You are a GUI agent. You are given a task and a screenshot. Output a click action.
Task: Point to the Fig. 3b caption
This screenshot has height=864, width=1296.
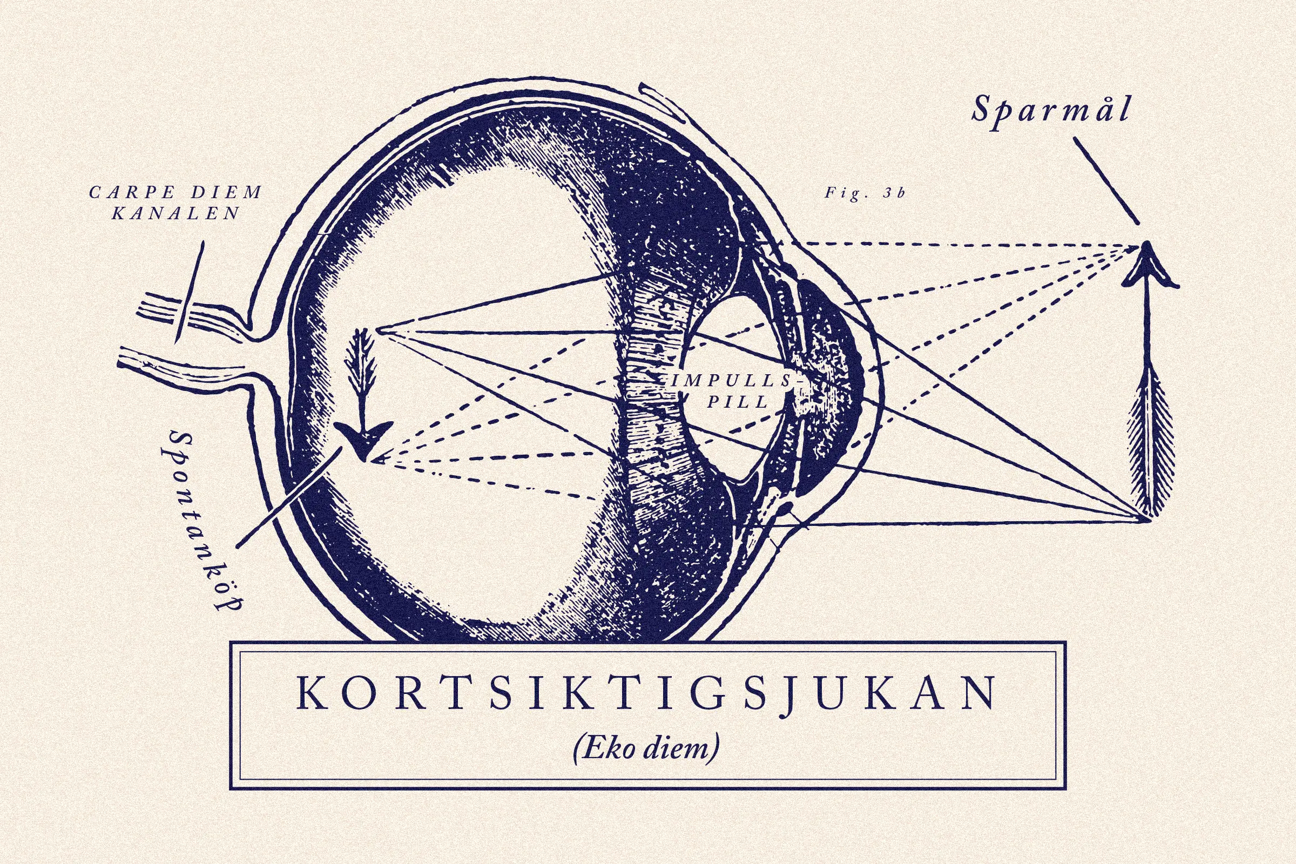tap(865, 193)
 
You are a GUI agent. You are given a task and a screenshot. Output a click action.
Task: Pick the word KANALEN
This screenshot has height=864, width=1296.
tap(176, 214)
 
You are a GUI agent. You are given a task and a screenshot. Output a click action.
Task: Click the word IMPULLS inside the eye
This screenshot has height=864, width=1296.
tap(731, 381)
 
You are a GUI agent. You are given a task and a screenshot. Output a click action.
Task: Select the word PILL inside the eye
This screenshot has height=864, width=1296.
tap(737, 402)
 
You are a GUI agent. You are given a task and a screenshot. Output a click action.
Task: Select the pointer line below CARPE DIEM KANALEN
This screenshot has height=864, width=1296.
tap(190, 292)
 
